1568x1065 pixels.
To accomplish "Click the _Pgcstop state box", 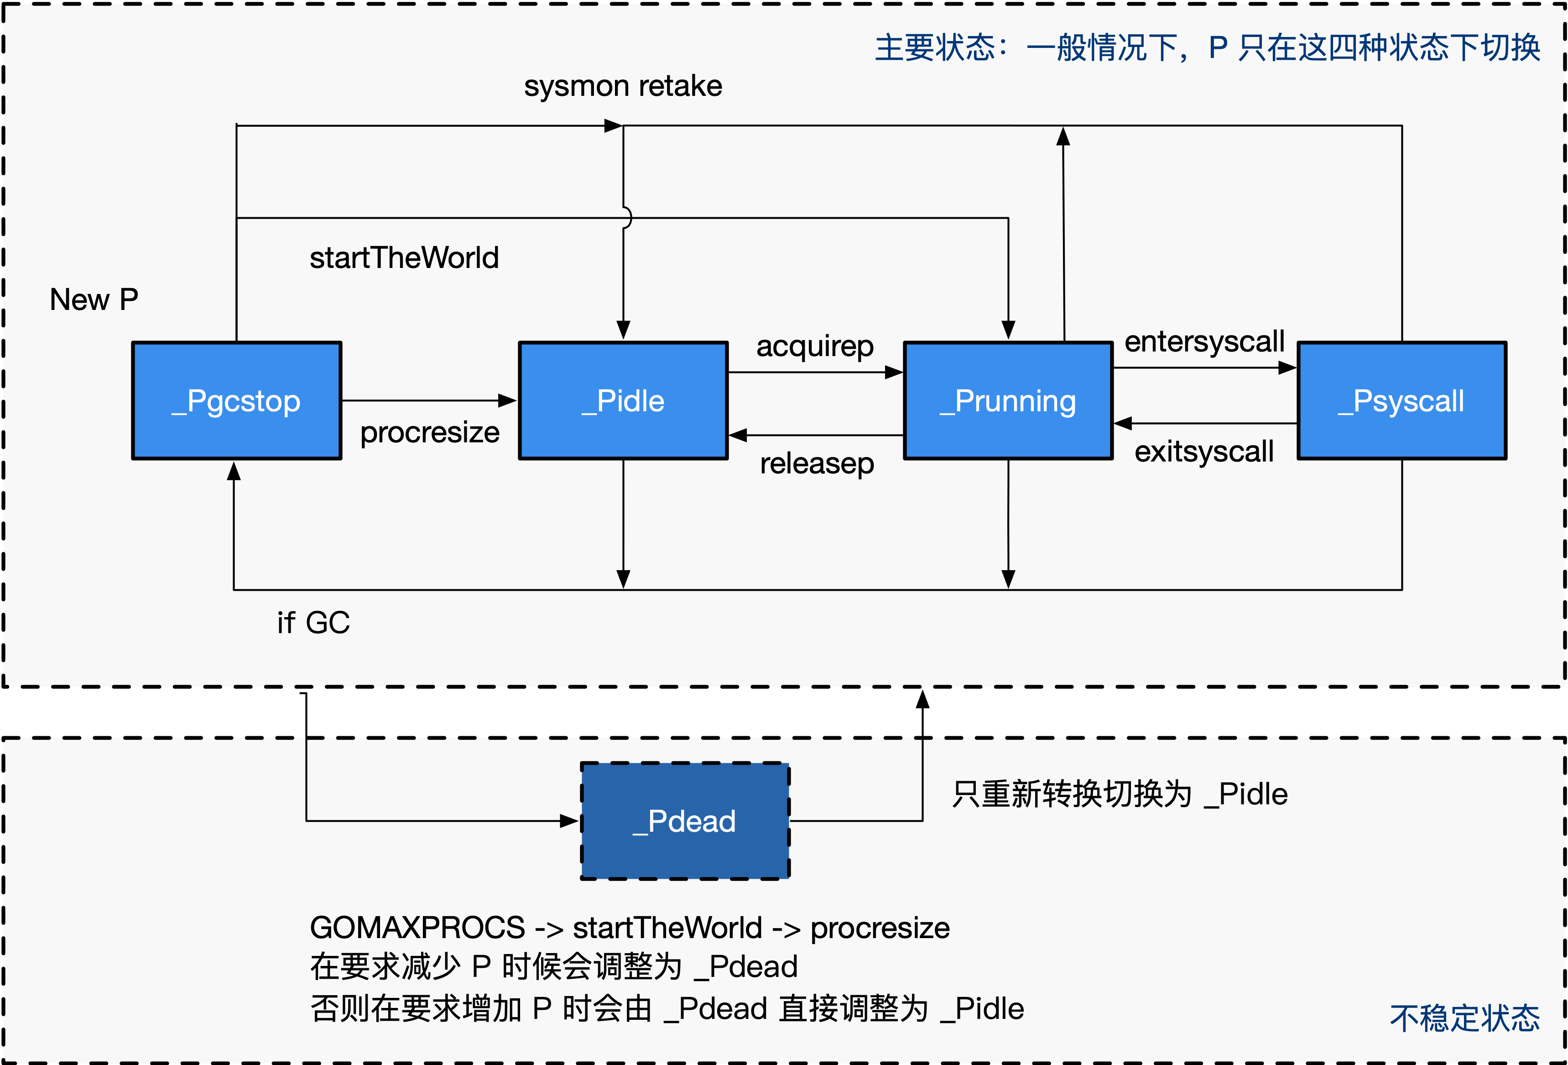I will (236, 401).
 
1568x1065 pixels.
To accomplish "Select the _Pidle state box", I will (623, 401).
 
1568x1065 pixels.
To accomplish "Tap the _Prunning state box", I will (1008, 401).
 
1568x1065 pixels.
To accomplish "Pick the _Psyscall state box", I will (1401, 401).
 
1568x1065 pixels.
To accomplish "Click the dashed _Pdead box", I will (685, 821).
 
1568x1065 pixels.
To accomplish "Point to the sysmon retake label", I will (623, 86).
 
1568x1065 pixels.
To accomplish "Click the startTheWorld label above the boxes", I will (403, 258).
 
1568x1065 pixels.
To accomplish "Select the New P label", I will (94, 299).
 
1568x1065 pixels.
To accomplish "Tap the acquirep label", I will (814, 346).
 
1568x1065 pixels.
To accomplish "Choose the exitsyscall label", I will (1203, 451).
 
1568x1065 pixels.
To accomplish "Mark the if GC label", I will (313, 622).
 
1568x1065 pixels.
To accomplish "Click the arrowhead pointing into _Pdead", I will (570, 821).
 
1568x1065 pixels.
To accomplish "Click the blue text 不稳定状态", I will (1464, 1018).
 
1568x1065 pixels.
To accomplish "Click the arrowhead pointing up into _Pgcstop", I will (234, 471).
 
